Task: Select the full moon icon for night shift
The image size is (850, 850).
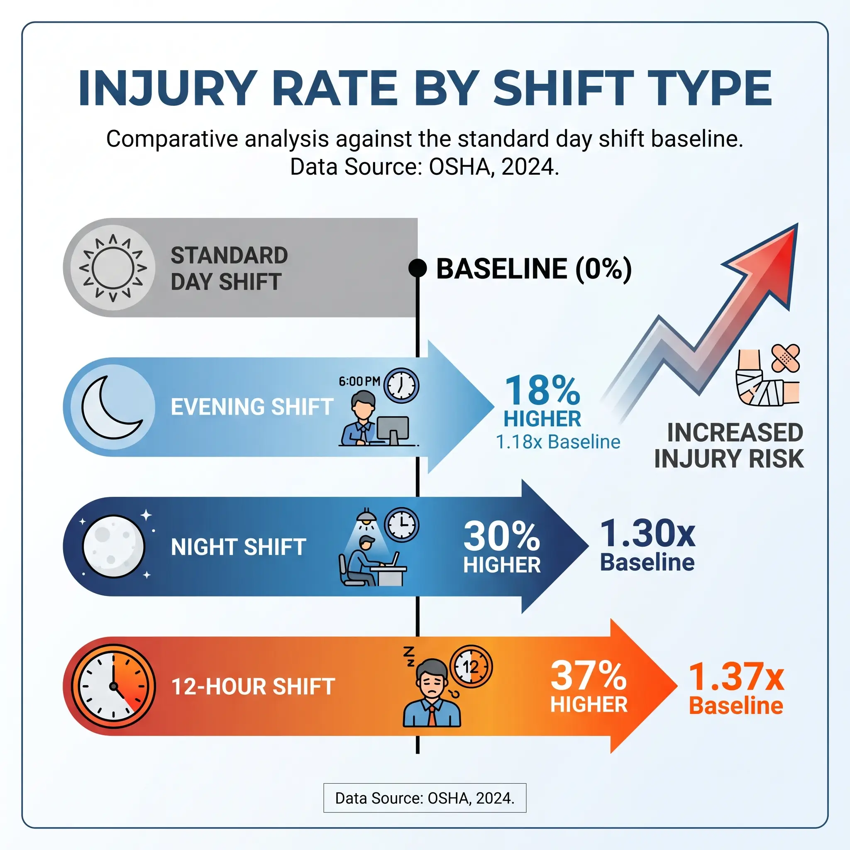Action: tap(113, 547)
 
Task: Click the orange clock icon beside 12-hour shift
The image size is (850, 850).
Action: tap(113, 686)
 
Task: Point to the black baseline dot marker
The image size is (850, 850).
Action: tap(417, 268)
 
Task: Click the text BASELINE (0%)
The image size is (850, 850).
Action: tap(534, 269)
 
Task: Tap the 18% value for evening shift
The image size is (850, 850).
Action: tap(542, 390)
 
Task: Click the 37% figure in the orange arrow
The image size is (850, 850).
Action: tap(588, 676)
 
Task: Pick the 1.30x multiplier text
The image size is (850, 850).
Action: tap(647, 533)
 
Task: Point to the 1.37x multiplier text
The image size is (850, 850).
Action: tap(736, 677)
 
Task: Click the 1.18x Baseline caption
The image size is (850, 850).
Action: tap(558, 442)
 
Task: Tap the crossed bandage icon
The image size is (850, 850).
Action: tap(786, 358)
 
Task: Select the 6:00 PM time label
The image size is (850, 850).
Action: tap(359, 381)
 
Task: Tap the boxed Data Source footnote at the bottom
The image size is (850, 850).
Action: tap(425, 798)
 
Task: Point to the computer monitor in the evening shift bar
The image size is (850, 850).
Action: tap(393, 428)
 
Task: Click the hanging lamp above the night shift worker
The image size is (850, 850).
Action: tap(366, 514)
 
